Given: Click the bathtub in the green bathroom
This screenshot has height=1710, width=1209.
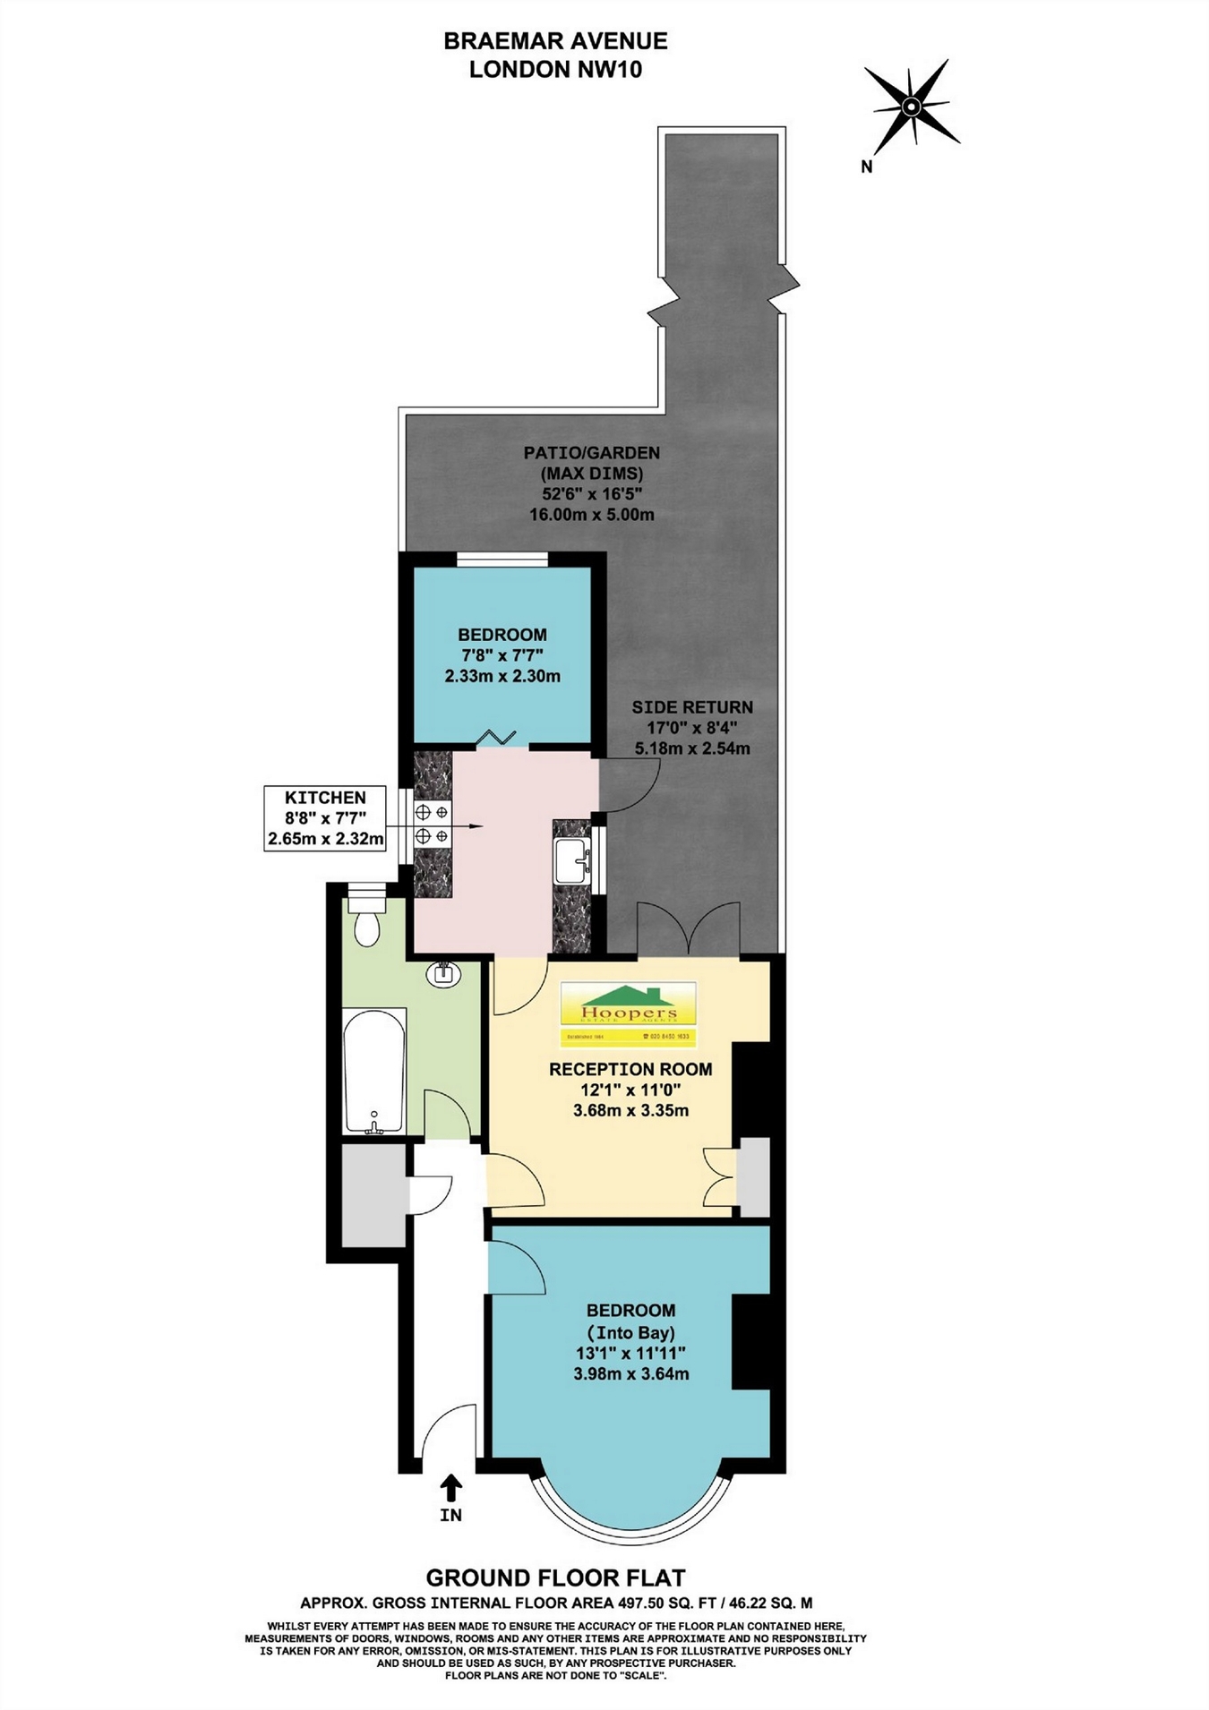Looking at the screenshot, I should click(x=374, y=1072).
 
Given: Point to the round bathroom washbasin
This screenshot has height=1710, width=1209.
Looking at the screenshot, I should click(x=444, y=973).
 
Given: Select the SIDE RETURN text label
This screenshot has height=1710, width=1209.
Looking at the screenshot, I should click(x=692, y=707).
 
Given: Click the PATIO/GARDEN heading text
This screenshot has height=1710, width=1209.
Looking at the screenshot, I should click(x=591, y=453).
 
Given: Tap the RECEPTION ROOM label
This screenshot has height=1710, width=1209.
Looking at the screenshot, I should click(x=630, y=1069).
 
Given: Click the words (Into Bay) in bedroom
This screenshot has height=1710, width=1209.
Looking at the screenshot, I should click(x=630, y=1331).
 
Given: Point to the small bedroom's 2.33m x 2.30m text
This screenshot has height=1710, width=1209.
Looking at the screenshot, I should click(x=502, y=677).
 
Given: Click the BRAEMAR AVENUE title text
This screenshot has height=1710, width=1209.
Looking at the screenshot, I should click(x=555, y=41).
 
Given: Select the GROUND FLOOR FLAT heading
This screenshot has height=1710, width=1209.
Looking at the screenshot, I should click(x=555, y=1577).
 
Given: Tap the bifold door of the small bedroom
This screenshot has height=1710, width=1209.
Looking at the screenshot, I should click(x=495, y=738).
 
